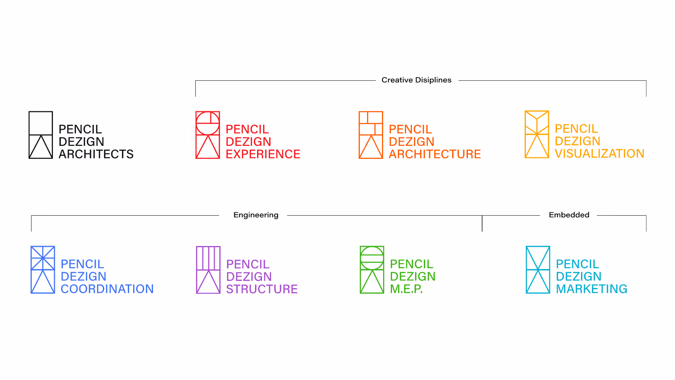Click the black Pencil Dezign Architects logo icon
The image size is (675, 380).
41,135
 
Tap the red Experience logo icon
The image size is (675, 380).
207,135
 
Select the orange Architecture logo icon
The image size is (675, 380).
370,135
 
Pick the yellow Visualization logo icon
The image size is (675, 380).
537,134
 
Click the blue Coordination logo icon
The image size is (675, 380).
43,270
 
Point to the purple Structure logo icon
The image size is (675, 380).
208,270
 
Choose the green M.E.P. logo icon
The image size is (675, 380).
372,270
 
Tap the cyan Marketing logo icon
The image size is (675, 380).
538,270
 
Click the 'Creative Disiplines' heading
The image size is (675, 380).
417,80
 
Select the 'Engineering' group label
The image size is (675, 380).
256,215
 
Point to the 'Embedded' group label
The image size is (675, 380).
569,215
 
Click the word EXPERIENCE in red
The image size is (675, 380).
263,154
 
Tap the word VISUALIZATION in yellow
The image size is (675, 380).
599,154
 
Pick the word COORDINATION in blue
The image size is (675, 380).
107,289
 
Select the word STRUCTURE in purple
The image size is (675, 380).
262,289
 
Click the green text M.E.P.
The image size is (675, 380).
406,289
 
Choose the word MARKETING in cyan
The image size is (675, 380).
591,289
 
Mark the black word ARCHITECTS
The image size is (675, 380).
96,154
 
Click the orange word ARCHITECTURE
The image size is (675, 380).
435,154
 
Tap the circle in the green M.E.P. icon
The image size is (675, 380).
372,258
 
